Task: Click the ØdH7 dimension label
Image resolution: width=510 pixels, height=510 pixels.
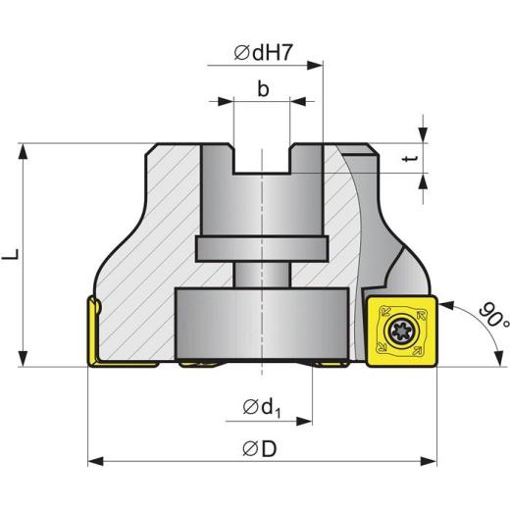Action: tap(263, 54)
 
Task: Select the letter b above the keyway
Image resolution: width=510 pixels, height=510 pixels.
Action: tap(263, 89)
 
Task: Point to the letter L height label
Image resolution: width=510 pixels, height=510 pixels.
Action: tap(11, 255)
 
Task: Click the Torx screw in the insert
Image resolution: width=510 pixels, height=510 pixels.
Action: tap(400, 331)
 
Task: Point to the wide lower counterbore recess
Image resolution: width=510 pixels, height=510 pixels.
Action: tap(263, 324)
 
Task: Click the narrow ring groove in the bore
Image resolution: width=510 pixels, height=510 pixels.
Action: tap(263, 249)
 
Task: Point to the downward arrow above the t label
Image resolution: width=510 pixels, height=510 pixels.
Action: tap(424, 134)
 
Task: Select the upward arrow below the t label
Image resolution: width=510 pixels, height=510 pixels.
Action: tap(424, 180)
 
